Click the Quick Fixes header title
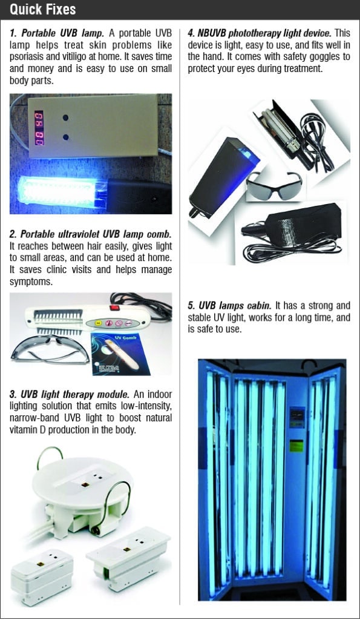coord(43,10)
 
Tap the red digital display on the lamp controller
coord(39,128)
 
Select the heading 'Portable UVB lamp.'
coord(62,33)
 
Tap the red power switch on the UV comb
coord(114,308)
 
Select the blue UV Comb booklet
coord(120,354)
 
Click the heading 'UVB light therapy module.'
coord(75,394)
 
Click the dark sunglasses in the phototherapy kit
coord(274,185)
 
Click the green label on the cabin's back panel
coord(296,445)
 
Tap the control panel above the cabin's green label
coord(297,417)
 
